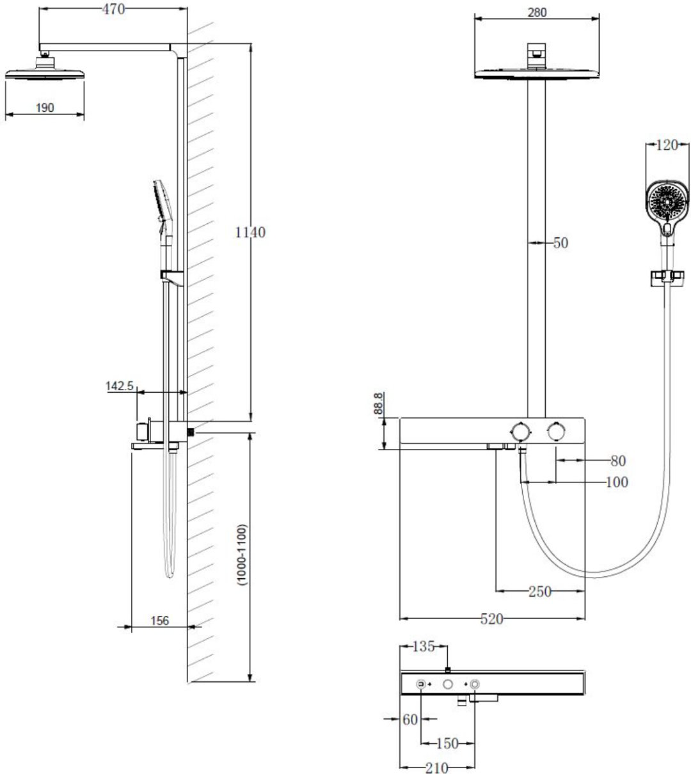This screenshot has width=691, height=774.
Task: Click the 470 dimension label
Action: pyautogui.click(x=113, y=9)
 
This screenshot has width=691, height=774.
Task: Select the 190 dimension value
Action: pyautogui.click(x=45, y=107)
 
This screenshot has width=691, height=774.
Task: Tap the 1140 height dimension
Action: pyautogui.click(x=250, y=232)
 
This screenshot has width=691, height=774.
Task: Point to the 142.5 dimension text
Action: pyautogui.click(x=120, y=386)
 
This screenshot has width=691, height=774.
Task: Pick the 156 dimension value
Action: pyautogui.click(x=159, y=620)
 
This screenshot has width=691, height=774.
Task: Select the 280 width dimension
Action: pyautogui.click(x=537, y=13)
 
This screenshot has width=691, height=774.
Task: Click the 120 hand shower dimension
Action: pyautogui.click(x=667, y=145)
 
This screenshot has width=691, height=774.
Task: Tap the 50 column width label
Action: pyautogui.click(x=560, y=242)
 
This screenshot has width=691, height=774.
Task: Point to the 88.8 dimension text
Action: pyautogui.click(x=378, y=403)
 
